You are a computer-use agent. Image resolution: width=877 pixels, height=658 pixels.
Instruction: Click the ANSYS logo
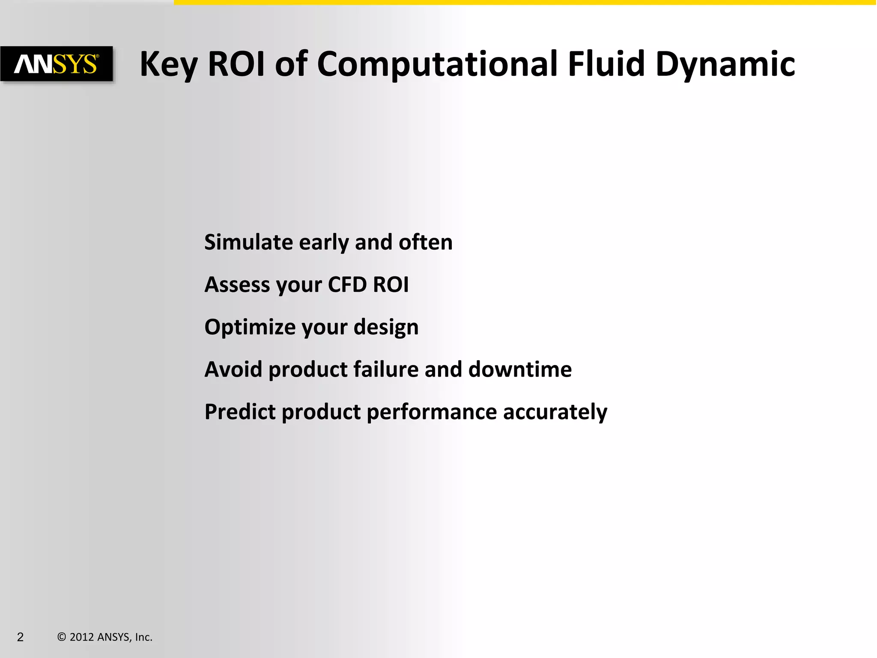coord(57,64)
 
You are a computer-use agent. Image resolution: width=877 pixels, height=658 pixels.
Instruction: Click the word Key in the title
coord(169,64)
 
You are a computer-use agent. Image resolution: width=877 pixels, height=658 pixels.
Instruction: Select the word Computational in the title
coord(437,64)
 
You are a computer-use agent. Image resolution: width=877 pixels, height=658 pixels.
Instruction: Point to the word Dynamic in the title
coord(725,64)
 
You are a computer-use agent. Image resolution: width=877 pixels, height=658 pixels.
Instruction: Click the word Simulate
coord(248,242)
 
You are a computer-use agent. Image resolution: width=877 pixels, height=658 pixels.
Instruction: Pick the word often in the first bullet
coord(425,242)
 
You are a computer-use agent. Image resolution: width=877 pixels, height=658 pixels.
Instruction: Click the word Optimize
coord(250,327)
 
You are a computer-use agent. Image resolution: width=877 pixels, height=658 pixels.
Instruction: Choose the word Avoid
coord(233,369)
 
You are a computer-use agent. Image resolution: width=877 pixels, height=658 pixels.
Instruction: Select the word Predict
coord(240,412)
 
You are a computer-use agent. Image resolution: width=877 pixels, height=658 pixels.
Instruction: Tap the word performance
coord(432,413)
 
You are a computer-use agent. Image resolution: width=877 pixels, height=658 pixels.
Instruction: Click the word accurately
coord(555,413)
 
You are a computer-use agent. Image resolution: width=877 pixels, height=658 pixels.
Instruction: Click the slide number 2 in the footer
coord(21,637)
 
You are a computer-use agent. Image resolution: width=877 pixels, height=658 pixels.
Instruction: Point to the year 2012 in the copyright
coord(81,637)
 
